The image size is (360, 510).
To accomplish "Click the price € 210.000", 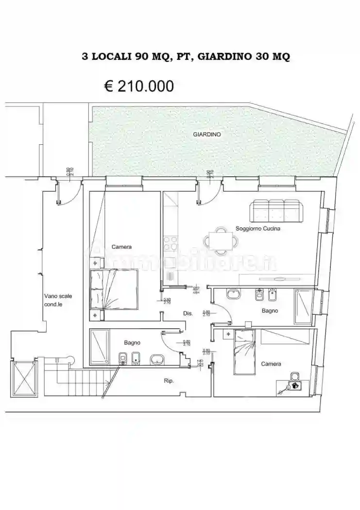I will point(139,86).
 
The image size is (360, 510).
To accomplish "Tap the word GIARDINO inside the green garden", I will point(207,134).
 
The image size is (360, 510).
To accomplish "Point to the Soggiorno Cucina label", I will point(258,228).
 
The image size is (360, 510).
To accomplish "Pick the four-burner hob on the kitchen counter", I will point(171,243).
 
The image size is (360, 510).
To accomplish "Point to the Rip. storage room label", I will point(169,381).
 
